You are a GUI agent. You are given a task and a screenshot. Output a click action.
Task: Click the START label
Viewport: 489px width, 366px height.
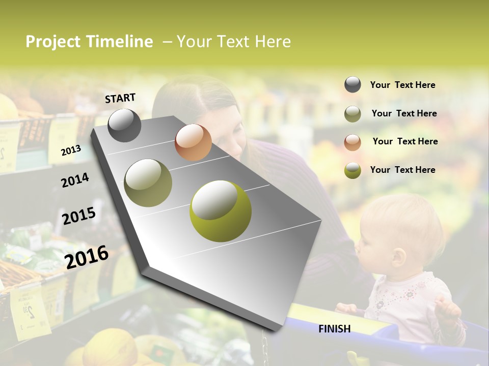point(120,98)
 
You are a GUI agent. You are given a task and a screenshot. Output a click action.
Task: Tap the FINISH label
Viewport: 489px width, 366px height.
point(334,329)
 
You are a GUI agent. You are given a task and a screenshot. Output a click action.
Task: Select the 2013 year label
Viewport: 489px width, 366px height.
point(71,150)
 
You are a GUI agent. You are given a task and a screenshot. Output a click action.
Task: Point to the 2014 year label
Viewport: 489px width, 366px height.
point(75,180)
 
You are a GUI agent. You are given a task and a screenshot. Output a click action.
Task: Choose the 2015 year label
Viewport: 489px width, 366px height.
point(79,216)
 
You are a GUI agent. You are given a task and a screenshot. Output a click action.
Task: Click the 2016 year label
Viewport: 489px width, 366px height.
point(87,257)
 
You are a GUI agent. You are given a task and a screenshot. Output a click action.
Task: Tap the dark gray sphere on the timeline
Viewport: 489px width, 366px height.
point(124,125)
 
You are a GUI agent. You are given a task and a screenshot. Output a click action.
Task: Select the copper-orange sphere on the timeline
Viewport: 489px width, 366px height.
point(193,142)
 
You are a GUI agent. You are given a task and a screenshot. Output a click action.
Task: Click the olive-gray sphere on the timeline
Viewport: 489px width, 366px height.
point(148,182)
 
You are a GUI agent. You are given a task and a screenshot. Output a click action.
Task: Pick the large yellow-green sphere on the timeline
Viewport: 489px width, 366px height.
point(220,211)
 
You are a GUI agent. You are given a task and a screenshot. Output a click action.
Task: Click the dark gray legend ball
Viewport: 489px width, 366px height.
point(352,85)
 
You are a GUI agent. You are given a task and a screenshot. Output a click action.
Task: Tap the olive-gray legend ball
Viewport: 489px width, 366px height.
point(352,114)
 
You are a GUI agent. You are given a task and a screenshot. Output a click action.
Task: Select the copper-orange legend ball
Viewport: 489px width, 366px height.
point(352,142)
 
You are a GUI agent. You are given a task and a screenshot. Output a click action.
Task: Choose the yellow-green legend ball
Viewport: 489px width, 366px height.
point(352,170)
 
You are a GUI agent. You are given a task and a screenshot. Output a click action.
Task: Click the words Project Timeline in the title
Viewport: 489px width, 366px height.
point(89,42)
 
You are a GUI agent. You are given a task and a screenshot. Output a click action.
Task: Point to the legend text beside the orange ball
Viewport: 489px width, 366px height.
point(405,141)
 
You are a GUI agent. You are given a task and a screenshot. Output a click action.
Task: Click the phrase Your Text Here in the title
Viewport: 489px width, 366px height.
point(234,42)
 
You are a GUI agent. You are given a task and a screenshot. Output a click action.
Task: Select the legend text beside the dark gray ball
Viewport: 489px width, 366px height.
point(402,85)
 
